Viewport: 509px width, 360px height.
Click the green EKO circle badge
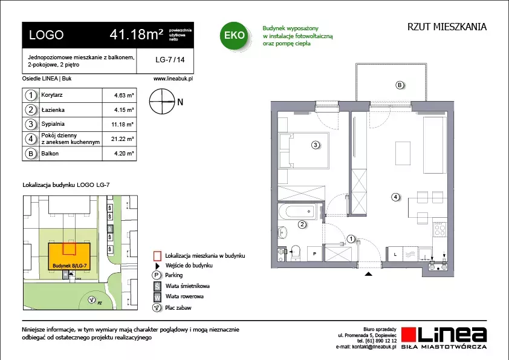tap(234, 36)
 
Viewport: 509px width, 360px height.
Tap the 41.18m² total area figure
tap(137, 34)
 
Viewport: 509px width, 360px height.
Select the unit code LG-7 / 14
tap(170, 60)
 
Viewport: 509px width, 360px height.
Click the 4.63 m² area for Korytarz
tap(124, 96)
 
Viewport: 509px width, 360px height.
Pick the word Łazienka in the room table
tap(53, 110)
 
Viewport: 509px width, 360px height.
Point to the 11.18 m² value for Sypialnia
tap(122, 125)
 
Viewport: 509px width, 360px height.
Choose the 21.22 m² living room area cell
tap(122, 139)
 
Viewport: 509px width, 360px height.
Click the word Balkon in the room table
tap(50, 154)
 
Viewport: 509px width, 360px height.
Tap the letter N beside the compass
tap(180, 102)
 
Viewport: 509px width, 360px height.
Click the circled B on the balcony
tap(400, 85)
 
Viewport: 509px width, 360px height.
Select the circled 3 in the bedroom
tap(315, 145)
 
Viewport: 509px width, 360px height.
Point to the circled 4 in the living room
tap(395, 197)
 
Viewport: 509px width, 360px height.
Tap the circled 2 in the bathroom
tap(302, 224)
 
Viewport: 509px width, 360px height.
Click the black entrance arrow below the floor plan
tap(368, 274)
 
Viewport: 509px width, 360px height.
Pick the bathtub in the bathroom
tap(297, 212)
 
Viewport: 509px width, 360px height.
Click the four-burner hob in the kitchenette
tap(440, 230)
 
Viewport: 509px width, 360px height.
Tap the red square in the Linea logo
tap(409, 335)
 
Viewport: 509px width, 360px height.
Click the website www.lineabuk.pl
tap(173, 79)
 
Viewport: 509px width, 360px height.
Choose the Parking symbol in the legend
tap(157, 275)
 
